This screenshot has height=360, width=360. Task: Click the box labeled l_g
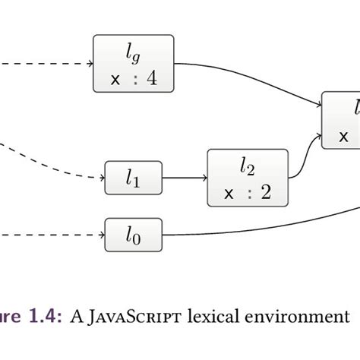pos(133,62)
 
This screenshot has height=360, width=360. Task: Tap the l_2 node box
pos(248,178)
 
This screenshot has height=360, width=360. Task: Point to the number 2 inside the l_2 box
pos(265,192)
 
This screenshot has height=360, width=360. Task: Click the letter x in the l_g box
pos(115,78)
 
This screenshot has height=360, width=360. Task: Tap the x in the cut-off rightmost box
pos(344,137)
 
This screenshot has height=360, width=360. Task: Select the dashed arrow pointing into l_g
pos(46,62)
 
